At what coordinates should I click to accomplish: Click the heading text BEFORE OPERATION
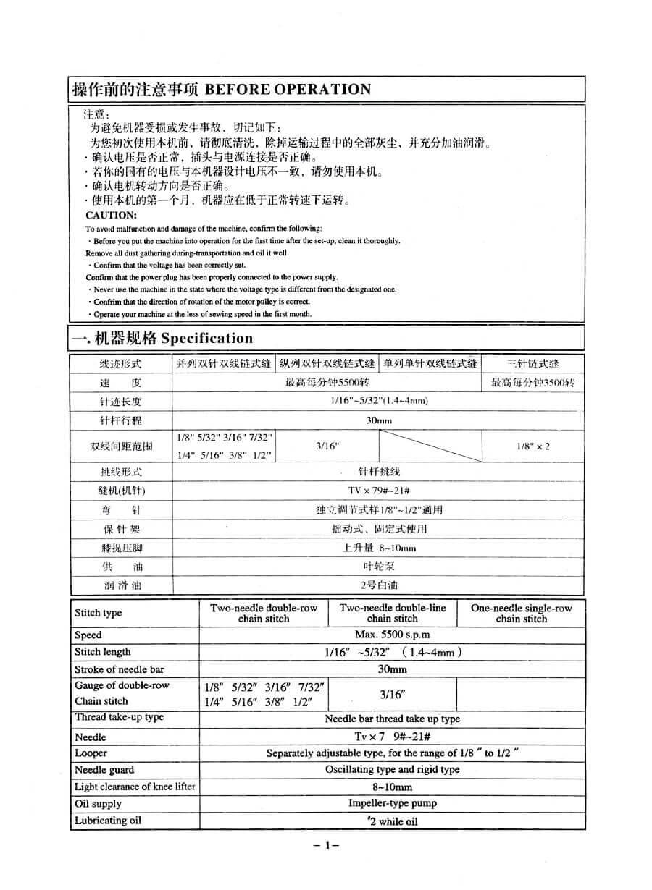288,90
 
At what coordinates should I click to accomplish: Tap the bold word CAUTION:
111,215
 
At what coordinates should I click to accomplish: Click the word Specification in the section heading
206,338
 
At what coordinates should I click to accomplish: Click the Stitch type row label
99,613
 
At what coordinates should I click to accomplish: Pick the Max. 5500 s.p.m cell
392,635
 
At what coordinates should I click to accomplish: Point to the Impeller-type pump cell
392,803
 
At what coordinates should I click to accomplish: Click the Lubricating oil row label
108,821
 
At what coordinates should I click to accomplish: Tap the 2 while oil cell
392,821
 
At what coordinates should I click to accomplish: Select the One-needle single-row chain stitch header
521,613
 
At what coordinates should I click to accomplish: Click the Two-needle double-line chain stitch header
393,613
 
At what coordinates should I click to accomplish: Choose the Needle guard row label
104,770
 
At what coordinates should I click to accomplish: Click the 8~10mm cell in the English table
392,787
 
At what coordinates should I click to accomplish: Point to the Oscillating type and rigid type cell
392,770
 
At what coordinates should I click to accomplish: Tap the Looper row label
91,753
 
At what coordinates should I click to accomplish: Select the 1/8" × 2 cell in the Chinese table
533,446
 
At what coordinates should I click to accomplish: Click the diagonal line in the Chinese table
430,446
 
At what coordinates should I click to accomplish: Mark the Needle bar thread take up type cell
392,719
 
